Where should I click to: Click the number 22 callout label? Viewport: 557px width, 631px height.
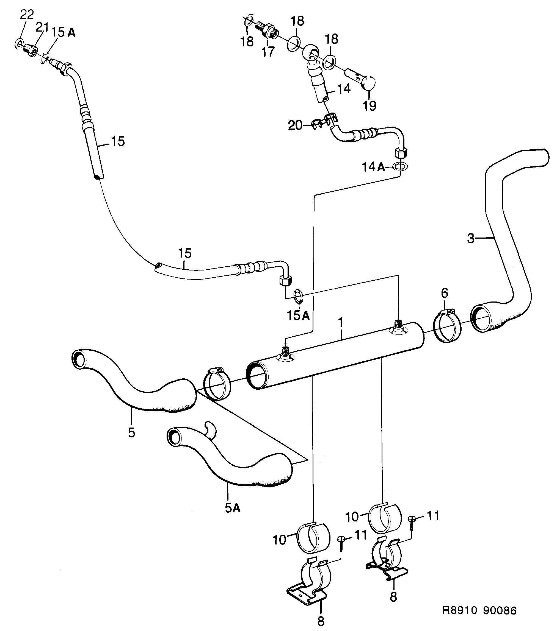click(27, 15)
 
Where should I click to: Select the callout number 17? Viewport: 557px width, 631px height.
click(268, 52)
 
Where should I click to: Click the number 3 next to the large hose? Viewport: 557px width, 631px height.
click(470, 238)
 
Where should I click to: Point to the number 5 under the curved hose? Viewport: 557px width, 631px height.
click(132, 432)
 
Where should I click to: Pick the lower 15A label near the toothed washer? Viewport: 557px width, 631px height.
click(298, 315)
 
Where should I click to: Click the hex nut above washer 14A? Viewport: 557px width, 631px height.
click(401, 152)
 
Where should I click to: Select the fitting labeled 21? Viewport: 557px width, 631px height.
click(31, 49)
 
